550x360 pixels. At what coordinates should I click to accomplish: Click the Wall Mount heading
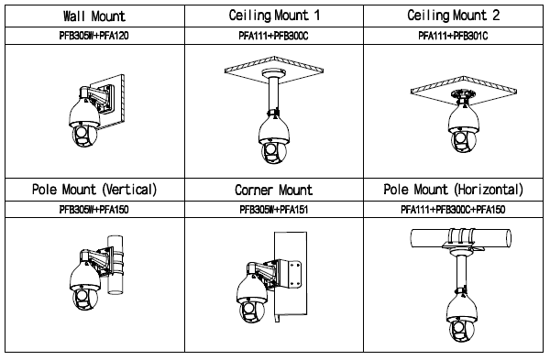point(94,16)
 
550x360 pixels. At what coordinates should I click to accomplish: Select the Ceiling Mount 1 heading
point(274,16)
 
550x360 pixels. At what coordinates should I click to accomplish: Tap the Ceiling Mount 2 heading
point(453,16)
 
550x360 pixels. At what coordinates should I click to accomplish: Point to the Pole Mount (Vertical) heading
point(94,190)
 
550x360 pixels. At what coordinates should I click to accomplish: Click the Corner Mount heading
point(273,190)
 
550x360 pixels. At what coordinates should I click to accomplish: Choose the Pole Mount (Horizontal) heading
point(453,190)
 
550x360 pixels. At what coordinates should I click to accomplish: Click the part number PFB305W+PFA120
point(94,36)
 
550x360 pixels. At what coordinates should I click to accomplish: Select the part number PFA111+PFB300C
point(273,36)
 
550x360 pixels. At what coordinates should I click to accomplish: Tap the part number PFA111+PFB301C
point(453,36)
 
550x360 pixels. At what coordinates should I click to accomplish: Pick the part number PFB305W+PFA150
point(94,210)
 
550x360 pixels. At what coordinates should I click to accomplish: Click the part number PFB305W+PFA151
point(274,210)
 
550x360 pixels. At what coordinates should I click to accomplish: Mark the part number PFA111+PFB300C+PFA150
point(453,210)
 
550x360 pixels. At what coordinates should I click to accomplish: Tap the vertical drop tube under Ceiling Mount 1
point(273,94)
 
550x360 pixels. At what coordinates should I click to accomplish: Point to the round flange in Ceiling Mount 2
point(463,94)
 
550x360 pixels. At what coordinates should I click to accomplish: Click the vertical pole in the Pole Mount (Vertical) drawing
point(115,265)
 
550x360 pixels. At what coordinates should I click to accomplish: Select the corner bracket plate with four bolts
point(294,274)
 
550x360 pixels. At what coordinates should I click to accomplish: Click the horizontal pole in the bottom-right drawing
point(461,238)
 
